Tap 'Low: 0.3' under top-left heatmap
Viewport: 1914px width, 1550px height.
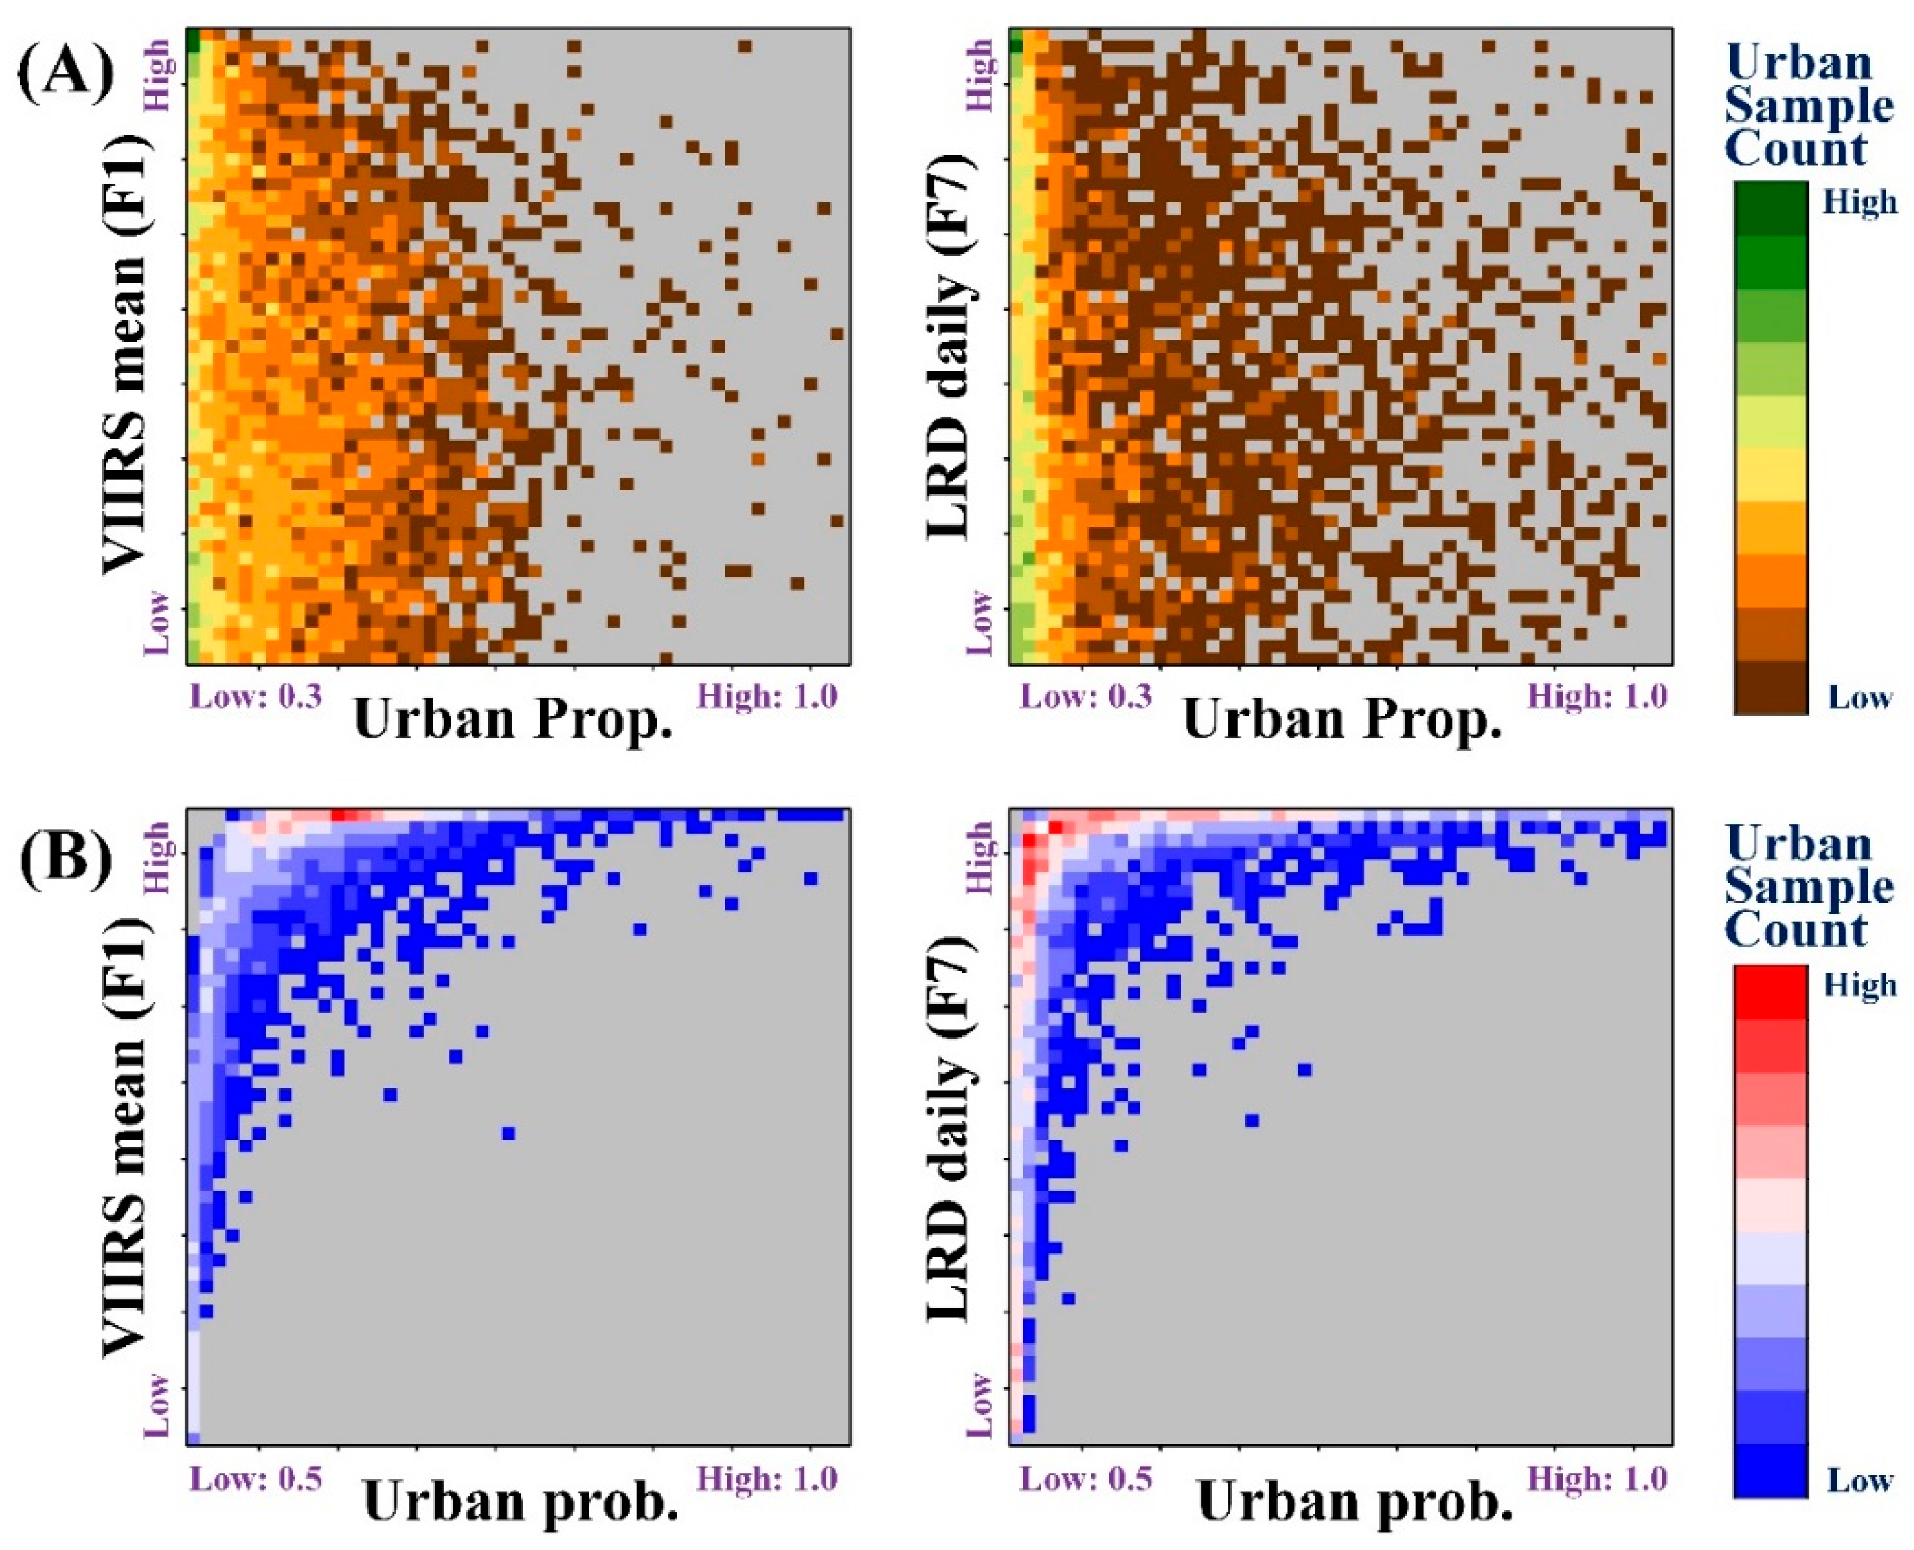tap(256, 696)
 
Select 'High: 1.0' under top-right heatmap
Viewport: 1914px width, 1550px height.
tap(1596, 696)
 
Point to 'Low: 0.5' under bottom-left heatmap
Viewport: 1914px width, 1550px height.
tap(256, 1479)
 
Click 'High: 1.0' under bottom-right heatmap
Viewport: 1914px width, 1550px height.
tap(1596, 1479)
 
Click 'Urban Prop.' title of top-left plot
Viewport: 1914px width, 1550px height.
tap(513, 721)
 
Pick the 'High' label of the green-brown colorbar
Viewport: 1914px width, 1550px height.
tap(1860, 202)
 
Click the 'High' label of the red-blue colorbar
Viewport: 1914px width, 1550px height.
tap(1860, 985)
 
